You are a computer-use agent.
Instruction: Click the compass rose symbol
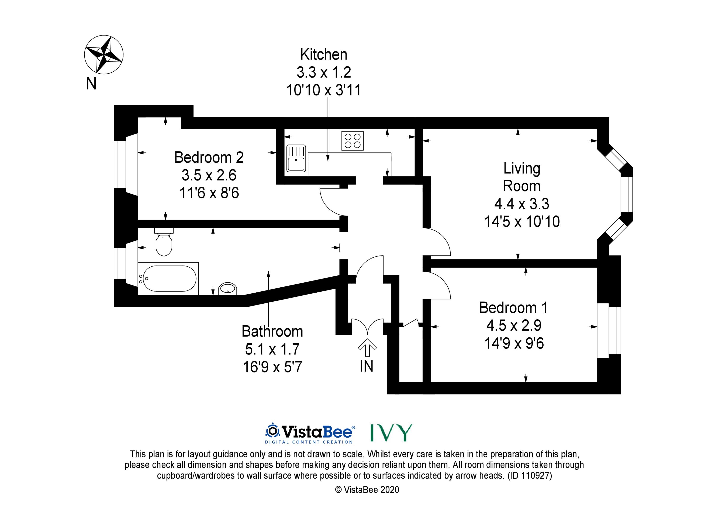(104, 55)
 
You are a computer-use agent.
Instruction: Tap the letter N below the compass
(91, 84)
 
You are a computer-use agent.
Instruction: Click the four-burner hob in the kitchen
(352, 141)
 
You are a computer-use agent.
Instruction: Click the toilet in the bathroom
(164, 243)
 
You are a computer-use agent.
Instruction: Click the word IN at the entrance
(366, 366)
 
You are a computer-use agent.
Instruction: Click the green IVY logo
(391, 433)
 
